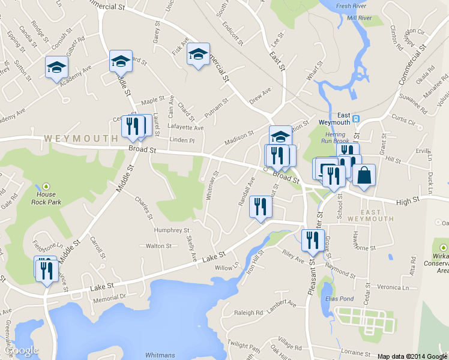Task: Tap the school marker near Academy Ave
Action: [56, 67]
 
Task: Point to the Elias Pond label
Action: [339, 299]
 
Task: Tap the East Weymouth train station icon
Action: [356, 119]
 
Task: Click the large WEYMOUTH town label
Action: [80, 139]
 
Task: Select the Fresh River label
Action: [351, 7]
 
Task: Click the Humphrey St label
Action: [172, 230]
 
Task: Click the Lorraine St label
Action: [357, 347]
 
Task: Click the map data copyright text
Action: [412, 356]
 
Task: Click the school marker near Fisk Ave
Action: [198, 55]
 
